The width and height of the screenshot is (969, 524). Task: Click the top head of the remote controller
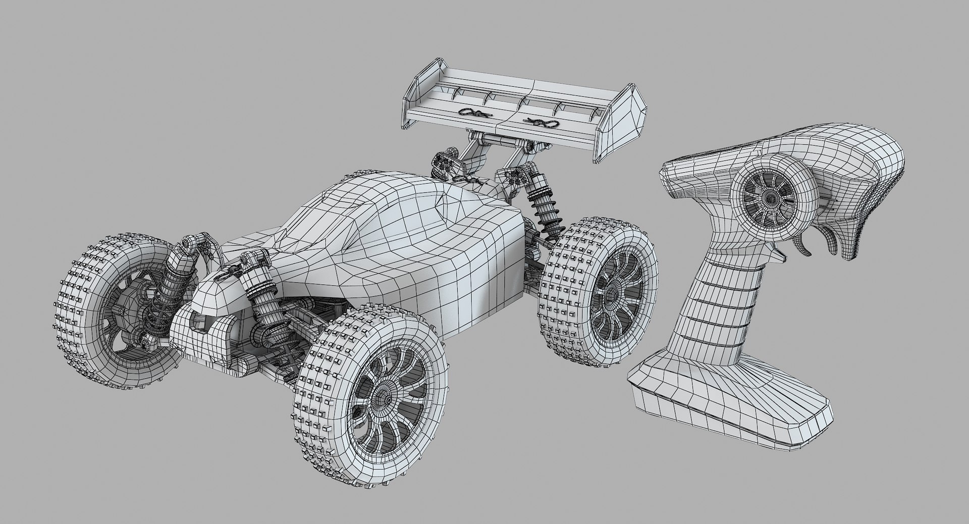(858, 151)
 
